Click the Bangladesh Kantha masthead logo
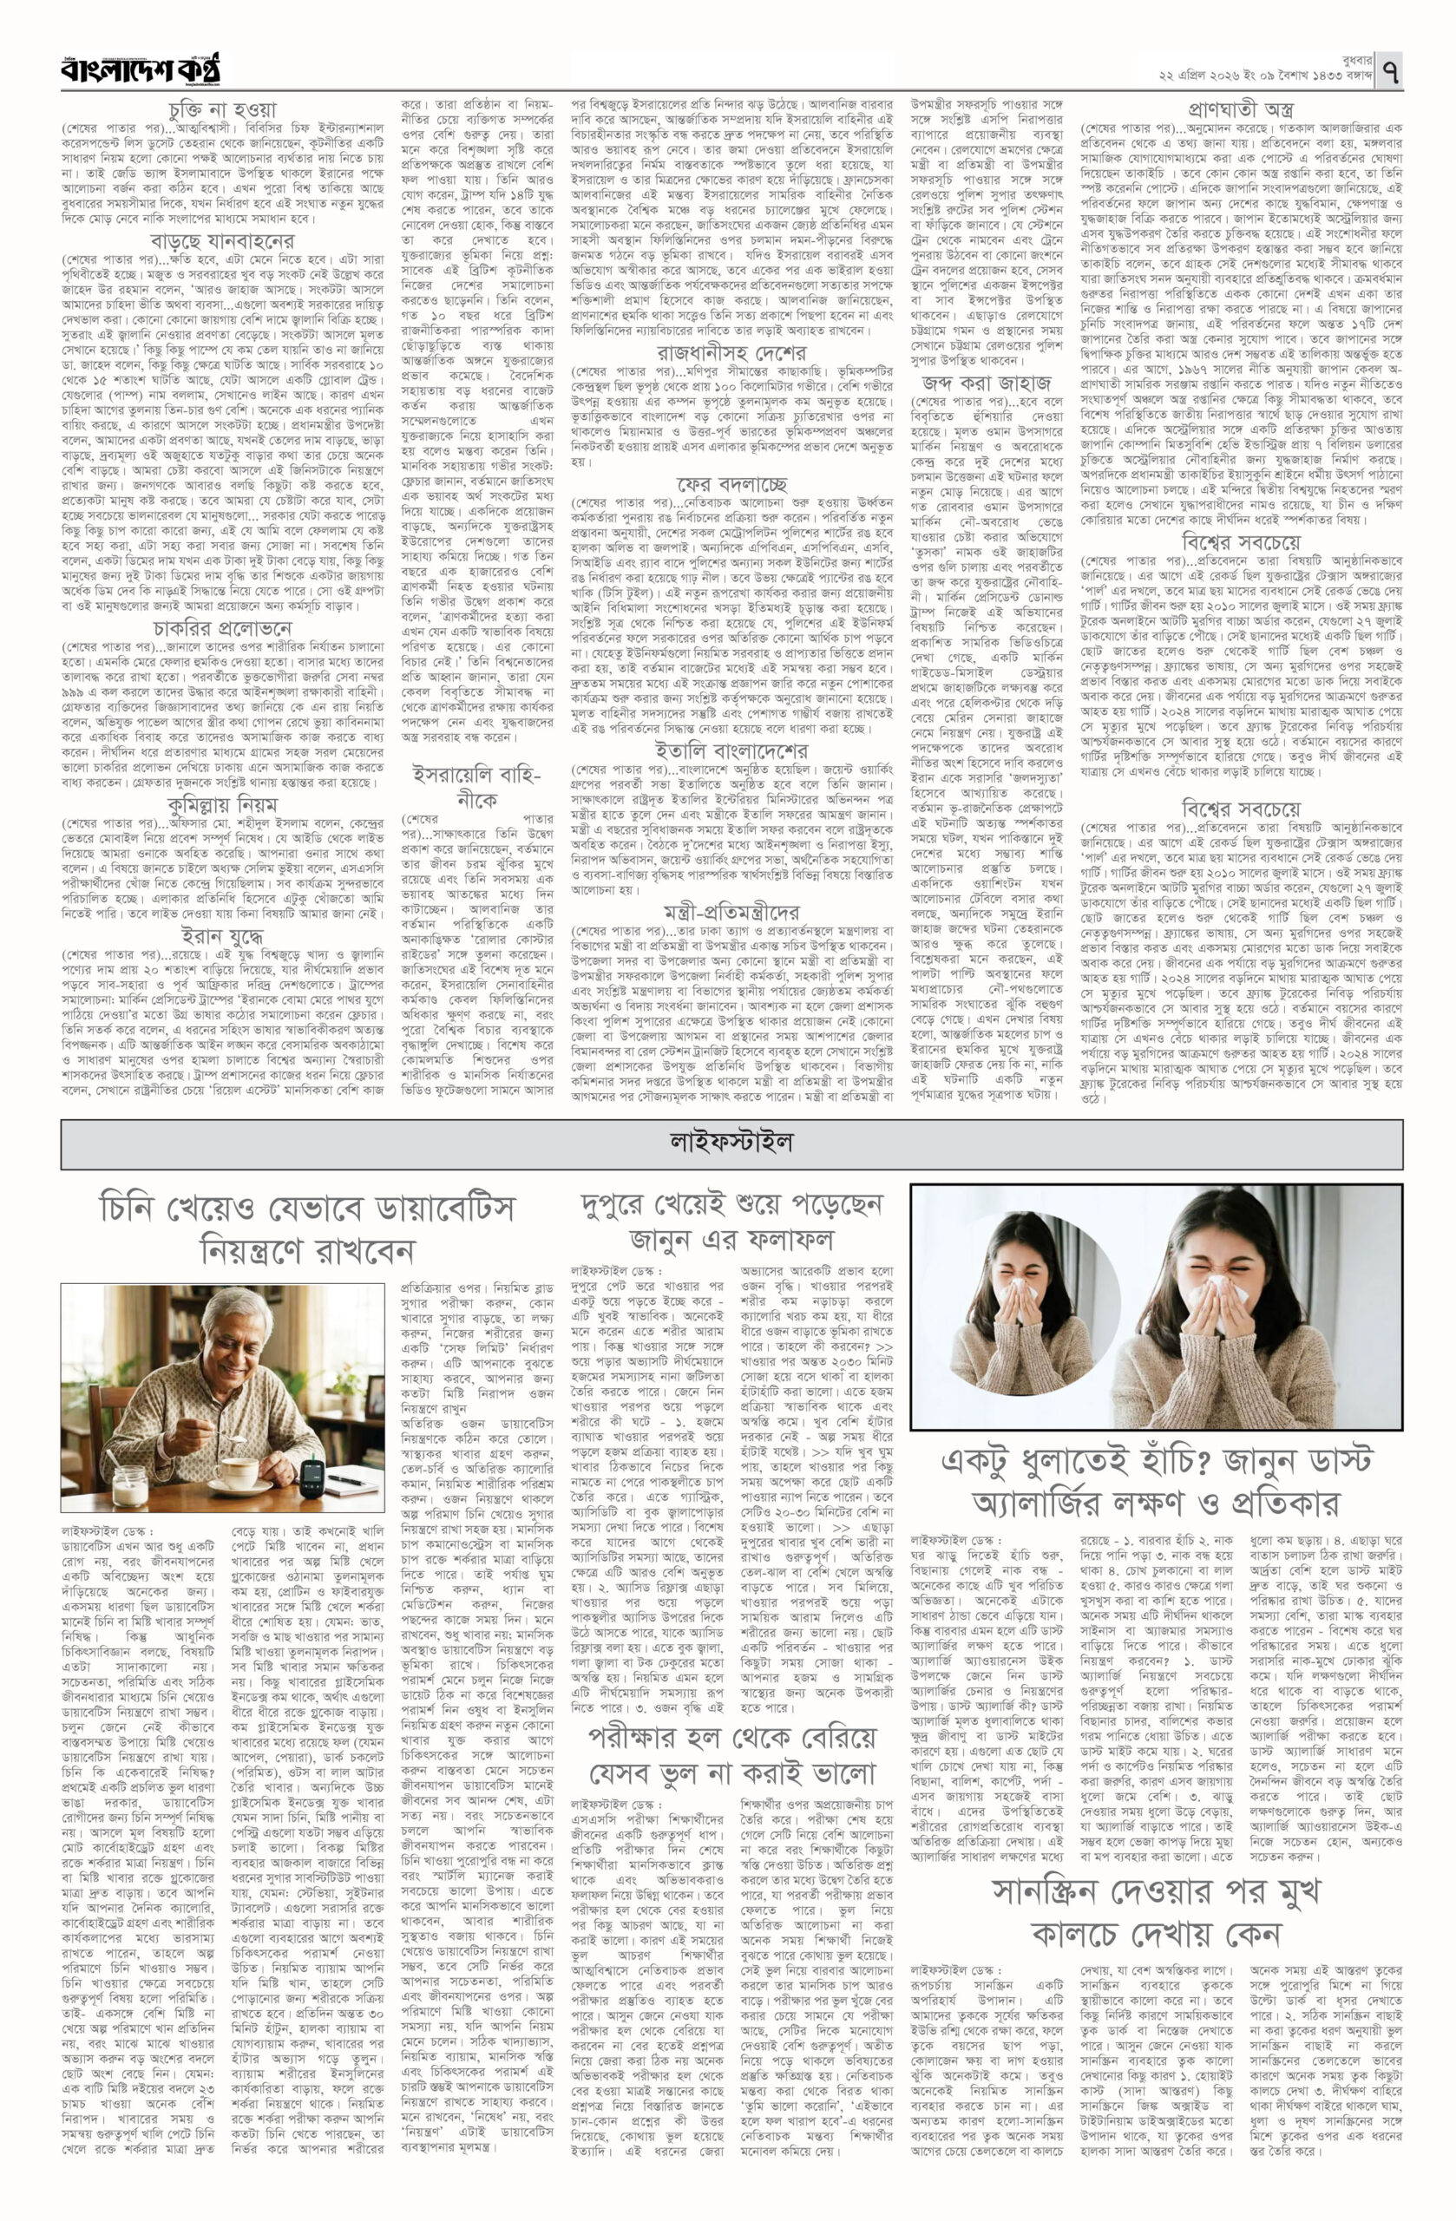coord(141,71)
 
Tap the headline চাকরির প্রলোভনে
coord(222,627)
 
